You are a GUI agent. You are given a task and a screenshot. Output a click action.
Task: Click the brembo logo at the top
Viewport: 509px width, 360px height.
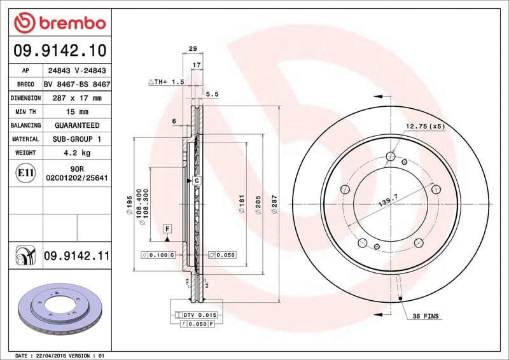[x=59, y=24]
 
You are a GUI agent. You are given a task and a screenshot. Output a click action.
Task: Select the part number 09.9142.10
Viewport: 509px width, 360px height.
[x=59, y=50]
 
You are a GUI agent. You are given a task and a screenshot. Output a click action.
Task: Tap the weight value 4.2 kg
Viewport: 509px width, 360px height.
[x=77, y=153]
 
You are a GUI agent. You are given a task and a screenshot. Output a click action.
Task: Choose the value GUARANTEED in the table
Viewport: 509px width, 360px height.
[x=77, y=125]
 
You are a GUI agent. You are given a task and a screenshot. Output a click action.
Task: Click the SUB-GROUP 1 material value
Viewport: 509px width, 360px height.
[x=77, y=139]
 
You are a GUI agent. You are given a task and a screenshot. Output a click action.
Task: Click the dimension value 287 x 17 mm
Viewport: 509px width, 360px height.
[x=77, y=98]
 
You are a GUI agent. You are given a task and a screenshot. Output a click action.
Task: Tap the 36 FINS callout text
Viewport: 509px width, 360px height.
[x=425, y=316]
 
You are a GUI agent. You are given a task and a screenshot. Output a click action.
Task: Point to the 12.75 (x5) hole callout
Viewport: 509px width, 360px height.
[x=425, y=126]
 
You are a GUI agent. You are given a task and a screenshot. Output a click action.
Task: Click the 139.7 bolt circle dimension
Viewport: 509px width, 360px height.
[x=388, y=202]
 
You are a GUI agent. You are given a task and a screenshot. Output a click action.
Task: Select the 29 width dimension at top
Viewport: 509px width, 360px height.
[x=193, y=48]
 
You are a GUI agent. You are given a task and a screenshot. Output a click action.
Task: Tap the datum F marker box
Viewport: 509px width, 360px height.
[x=167, y=228]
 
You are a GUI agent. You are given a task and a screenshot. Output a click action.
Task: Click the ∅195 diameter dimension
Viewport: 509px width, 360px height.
[x=129, y=204]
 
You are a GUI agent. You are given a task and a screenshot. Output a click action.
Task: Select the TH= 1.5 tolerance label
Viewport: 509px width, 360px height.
[x=167, y=82]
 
